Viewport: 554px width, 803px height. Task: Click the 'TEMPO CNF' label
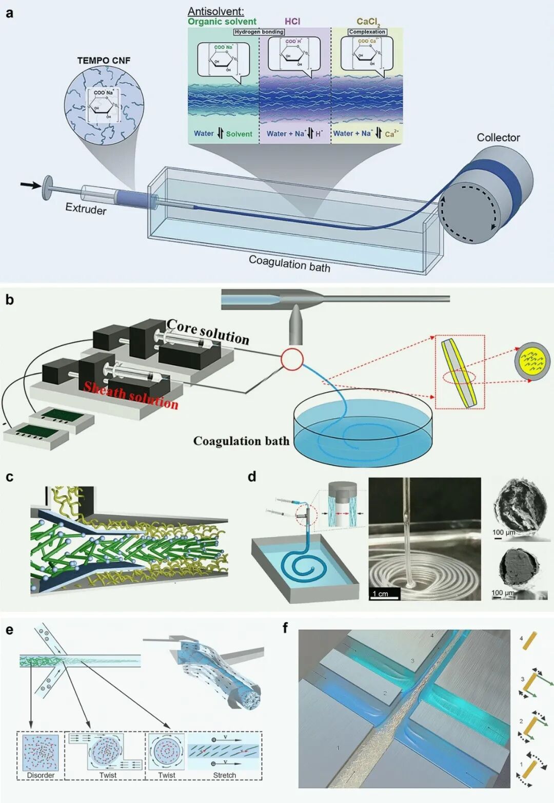click(104, 60)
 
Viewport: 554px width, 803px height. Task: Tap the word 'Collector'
click(498, 137)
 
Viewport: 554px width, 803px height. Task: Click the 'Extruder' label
click(86, 209)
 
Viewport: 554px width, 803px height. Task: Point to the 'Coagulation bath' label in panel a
click(289, 263)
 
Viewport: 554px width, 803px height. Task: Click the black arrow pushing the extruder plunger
click(30, 184)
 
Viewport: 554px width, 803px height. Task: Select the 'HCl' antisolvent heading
click(292, 22)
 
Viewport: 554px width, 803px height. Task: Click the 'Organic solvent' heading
click(222, 22)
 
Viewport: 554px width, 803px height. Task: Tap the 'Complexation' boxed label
click(367, 32)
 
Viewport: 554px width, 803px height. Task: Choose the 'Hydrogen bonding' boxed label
click(259, 32)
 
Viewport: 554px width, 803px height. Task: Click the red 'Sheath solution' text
click(131, 396)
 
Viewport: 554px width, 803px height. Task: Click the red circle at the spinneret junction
click(292, 359)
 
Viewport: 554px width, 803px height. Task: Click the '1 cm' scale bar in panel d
click(385, 594)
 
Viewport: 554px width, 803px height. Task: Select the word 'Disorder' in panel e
click(41, 775)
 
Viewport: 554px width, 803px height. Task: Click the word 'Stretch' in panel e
click(224, 775)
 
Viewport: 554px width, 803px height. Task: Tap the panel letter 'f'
click(285, 627)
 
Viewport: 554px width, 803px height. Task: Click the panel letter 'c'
click(9, 477)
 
